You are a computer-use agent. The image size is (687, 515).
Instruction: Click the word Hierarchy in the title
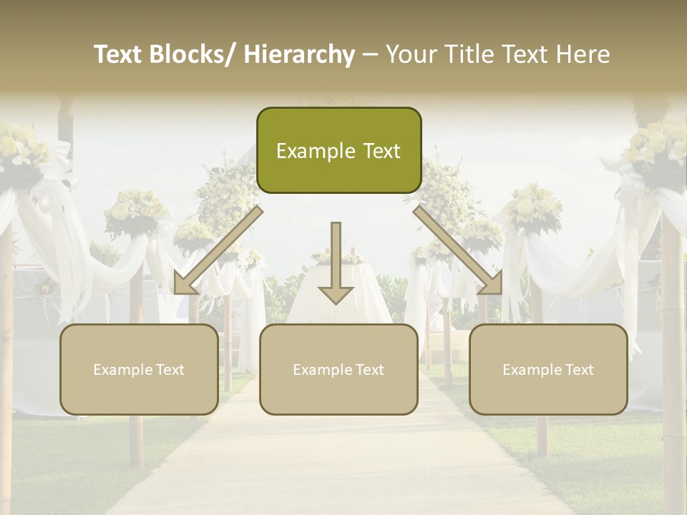tap(299, 54)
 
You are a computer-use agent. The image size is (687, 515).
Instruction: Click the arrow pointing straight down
tap(336, 265)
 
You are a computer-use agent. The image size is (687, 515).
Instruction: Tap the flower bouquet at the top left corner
tap(21, 150)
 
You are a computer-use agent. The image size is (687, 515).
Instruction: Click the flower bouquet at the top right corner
tap(658, 147)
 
